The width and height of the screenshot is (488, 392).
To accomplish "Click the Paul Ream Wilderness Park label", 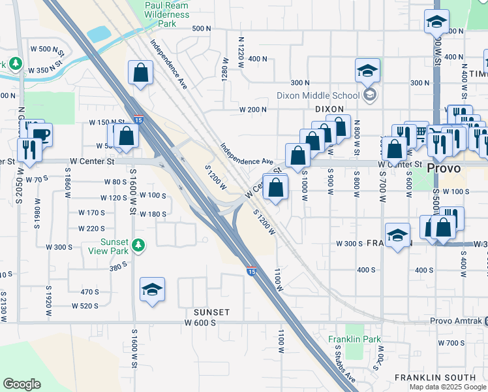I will tap(168, 14).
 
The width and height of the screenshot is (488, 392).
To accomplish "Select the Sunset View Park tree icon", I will tap(138, 245).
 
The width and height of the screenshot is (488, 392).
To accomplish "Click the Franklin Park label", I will tap(354, 339).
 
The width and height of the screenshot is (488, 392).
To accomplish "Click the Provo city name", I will tap(445, 169).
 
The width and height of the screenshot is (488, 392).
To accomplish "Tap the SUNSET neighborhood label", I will tap(211, 312).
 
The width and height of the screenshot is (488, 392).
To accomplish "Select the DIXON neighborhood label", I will tap(329, 110).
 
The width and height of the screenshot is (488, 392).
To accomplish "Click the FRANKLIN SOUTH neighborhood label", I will tap(435, 378).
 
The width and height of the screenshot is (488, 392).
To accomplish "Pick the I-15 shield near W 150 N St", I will tap(138, 120).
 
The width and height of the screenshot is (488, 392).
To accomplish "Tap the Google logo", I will tap(22, 384).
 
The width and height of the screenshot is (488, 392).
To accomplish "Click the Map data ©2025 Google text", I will tap(448, 387).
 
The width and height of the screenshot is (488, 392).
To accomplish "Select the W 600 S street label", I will tap(197, 323).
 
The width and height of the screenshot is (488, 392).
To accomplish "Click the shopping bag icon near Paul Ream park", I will tap(140, 73).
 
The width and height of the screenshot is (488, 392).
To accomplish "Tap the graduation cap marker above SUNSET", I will tap(152, 289).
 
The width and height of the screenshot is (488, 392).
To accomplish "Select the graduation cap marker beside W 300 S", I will tap(397, 235).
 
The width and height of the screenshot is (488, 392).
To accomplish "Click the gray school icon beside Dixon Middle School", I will tap(369, 95).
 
